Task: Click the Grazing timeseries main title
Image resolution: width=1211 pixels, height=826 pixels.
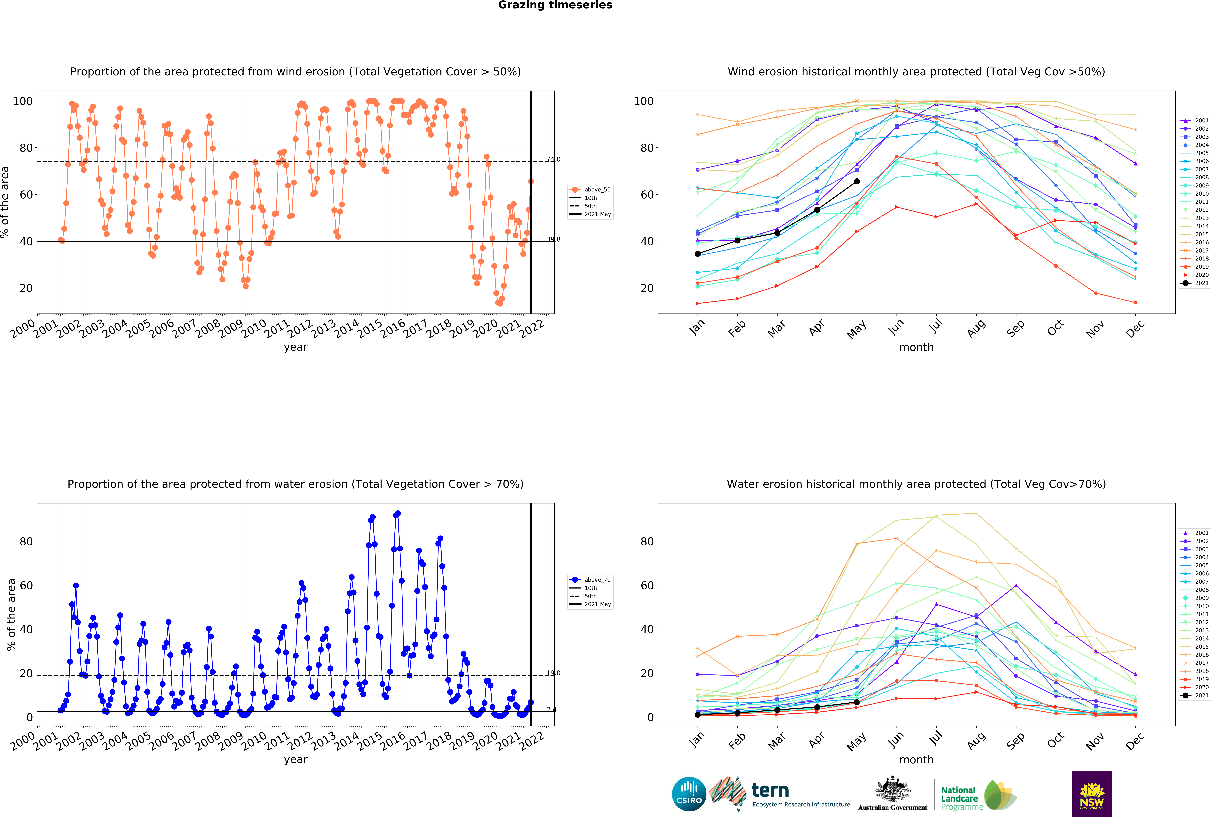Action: coord(555,5)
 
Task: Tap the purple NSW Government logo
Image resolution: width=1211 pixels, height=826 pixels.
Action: coord(1092,794)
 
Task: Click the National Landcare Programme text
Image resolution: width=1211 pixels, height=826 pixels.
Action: coord(962,798)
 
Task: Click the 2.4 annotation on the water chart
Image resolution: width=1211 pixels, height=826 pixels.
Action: coord(551,709)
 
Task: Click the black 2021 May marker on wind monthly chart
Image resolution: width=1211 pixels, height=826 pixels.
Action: coord(857,182)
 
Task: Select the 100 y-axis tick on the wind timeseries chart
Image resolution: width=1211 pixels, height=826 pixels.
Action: coord(23,101)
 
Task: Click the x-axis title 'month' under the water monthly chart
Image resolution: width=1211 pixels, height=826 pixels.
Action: coord(916,760)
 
